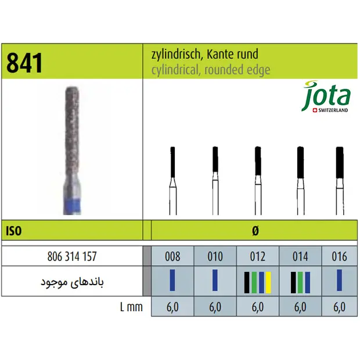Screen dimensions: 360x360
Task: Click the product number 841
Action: pos(24,63)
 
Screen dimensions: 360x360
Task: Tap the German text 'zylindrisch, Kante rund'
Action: pos(204,55)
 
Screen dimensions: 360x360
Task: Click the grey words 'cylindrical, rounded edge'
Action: pos(211,70)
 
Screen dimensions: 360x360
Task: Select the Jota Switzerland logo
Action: pos(326,96)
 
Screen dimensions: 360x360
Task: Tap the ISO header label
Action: pos(14,231)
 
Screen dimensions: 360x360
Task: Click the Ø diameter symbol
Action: pos(255,231)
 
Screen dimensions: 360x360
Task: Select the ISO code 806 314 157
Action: pos(72,256)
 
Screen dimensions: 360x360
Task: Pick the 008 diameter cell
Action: pos(172,256)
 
